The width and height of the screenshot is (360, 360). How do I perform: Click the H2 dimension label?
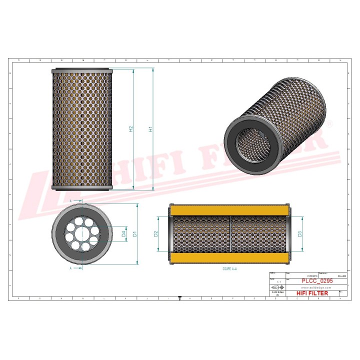point(131,129)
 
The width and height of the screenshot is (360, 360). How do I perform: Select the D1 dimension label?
point(135,234)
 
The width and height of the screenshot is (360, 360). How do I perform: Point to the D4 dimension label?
point(123,233)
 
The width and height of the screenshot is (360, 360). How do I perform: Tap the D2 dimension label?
point(156,233)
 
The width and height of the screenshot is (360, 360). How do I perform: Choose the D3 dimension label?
point(300,233)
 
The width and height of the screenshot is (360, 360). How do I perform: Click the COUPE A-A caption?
point(229,268)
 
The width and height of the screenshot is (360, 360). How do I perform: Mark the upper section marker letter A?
point(70,200)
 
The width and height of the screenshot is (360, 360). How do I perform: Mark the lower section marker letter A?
point(70,268)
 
